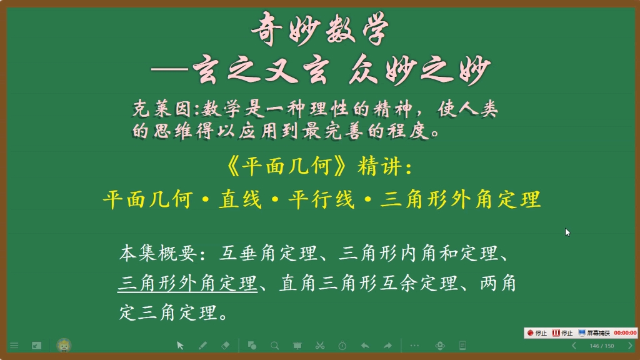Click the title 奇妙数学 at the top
tap(320, 29)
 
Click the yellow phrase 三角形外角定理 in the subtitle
tap(460, 200)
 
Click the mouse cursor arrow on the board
tap(567, 232)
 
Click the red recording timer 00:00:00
tap(624, 333)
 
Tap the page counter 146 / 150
tap(601, 346)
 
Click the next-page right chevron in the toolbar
tap(629, 346)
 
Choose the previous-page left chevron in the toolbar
tap(574, 346)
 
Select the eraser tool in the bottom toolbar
tap(226, 345)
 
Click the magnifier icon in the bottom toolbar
tap(274, 345)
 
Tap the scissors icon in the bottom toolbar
tap(319, 345)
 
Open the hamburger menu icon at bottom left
tap(14, 345)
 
